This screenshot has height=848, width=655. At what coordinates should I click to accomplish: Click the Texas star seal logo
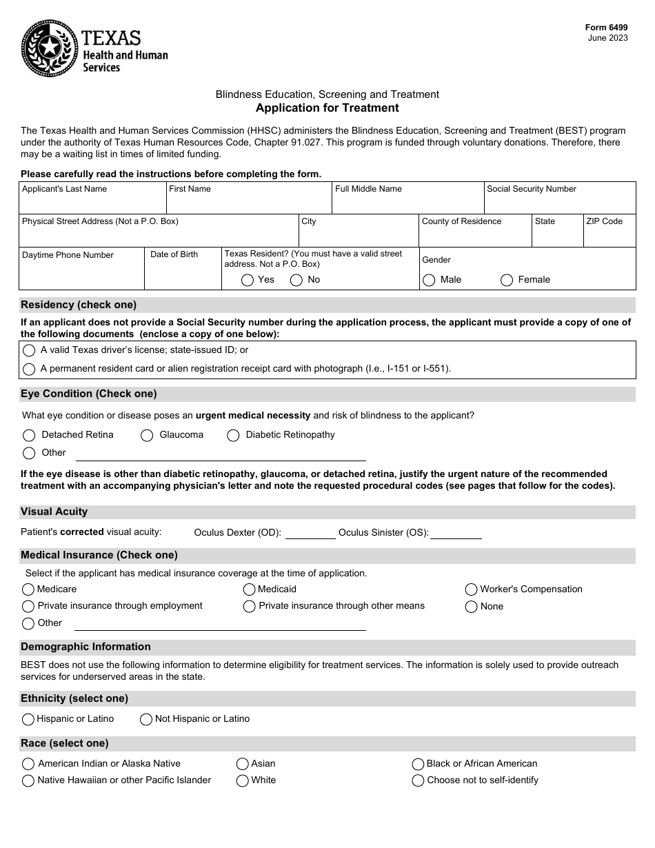click(x=50, y=48)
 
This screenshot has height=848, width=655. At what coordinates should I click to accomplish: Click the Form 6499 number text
click(x=606, y=28)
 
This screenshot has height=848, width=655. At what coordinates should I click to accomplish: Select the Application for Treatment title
click(x=327, y=108)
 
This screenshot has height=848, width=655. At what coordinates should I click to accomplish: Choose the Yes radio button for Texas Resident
click(x=248, y=280)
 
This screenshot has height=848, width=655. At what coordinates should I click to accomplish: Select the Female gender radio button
click(x=507, y=280)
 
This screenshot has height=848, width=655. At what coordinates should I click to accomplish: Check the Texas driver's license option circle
click(x=29, y=350)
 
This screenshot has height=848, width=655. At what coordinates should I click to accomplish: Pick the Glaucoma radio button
click(x=147, y=435)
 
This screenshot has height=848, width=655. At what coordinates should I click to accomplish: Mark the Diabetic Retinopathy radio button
click(x=233, y=435)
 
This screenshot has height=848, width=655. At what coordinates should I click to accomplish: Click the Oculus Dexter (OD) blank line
click(x=310, y=532)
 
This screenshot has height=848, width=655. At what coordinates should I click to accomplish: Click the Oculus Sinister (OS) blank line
click(x=456, y=532)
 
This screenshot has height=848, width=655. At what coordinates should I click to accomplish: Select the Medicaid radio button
click(x=249, y=589)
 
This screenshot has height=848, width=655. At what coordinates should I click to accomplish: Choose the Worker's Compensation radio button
click(x=471, y=589)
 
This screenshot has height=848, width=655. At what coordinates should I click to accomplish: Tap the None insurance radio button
click(x=471, y=607)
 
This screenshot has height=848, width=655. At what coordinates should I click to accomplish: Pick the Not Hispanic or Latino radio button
click(x=146, y=719)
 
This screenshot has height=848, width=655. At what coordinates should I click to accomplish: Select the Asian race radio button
click(x=242, y=764)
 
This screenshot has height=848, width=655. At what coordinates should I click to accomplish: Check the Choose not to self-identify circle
click(x=418, y=780)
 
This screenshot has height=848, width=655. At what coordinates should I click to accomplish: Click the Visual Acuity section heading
click(x=54, y=512)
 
